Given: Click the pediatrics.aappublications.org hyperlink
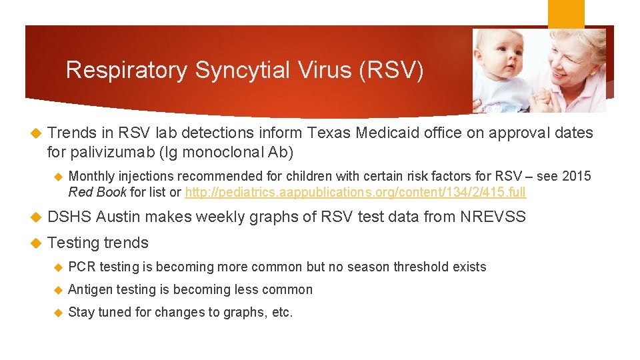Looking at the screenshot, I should (355, 193).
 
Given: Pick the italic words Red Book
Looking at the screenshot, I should (97, 193).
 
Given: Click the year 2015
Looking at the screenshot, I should (577, 176).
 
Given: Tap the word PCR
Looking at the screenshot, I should (82, 267).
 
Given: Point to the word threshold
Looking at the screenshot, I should (423, 267).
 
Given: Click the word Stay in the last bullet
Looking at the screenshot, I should (81, 312).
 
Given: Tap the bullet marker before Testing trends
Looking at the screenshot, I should (37, 243).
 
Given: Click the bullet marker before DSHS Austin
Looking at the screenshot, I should (37, 216).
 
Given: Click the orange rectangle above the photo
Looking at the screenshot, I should (566, 13).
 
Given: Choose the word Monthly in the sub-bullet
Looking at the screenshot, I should (91, 176).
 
